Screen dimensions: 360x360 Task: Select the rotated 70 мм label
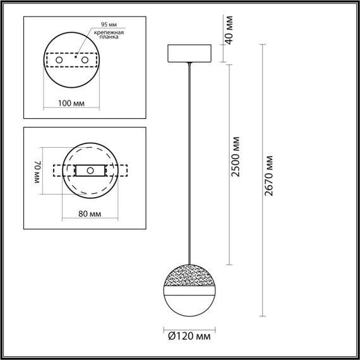tap(38, 171)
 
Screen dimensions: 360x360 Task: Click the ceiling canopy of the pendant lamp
tap(189, 54)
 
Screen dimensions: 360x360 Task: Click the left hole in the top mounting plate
tap(59, 60)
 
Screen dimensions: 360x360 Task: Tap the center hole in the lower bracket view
tap(90, 171)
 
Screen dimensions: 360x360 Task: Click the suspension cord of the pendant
tap(189, 158)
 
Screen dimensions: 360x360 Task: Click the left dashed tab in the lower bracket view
tap(58, 171)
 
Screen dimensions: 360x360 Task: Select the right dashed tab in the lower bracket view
tap(122, 171)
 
